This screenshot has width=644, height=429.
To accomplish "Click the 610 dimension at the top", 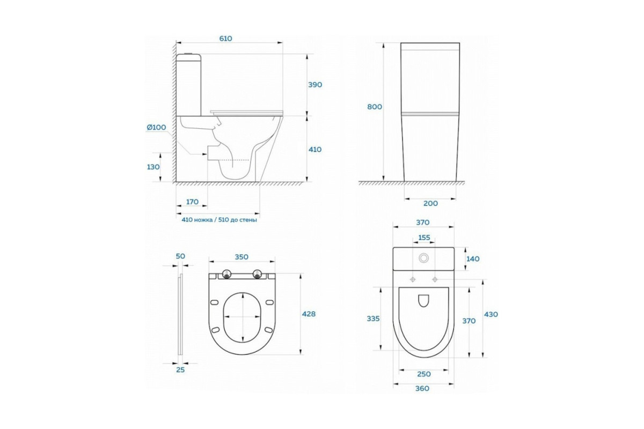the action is pyautogui.click(x=226, y=39).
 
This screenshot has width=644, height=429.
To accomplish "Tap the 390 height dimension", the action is pyautogui.click(x=315, y=85).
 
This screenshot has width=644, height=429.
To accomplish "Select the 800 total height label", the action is pyautogui.click(x=375, y=107).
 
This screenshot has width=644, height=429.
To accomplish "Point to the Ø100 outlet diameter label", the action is pyautogui.click(x=156, y=127).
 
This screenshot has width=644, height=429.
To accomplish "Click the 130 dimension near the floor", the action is pyautogui.click(x=153, y=167).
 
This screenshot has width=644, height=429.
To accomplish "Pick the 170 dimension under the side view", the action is pyautogui.click(x=192, y=202).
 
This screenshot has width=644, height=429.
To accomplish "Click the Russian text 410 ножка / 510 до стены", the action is pyautogui.click(x=219, y=220).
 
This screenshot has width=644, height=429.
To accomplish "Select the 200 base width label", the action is pyautogui.click(x=430, y=203).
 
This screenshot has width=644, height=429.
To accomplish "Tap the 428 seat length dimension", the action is pyautogui.click(x=309, y=314).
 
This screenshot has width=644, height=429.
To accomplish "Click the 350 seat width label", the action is pyautogui.click(x=241, y=257).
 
